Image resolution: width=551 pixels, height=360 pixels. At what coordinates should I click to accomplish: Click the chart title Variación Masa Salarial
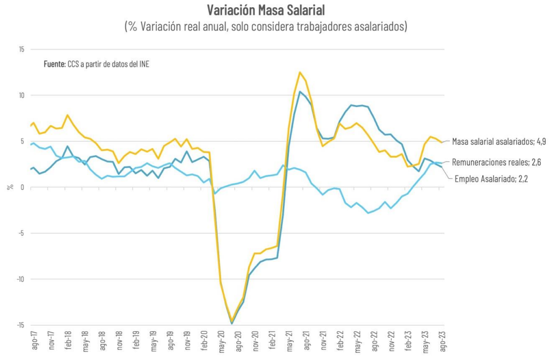(x=266, y=10)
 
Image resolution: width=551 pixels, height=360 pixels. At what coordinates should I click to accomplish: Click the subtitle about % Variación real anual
(x=266, y=26)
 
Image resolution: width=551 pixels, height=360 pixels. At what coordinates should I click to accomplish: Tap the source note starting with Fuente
(x=96, y=65)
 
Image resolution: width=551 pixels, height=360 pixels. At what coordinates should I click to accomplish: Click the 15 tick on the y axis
(x=21, y=50)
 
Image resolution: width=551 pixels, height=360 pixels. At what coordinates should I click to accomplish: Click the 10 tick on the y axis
(x=21, y=95)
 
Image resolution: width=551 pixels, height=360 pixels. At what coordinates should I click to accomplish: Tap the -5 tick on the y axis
(x=21, y=233)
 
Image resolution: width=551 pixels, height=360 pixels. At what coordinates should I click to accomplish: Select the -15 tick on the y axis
(x=20, y=325)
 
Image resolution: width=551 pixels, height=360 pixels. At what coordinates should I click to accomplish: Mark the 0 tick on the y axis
(x=23, y=187)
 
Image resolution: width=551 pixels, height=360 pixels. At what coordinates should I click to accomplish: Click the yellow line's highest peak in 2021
(x=300, y=72)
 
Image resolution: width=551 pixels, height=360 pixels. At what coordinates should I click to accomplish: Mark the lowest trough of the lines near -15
(x=232, y=323)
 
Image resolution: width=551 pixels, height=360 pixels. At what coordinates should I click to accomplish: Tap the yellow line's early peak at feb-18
(x=68, y=115)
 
